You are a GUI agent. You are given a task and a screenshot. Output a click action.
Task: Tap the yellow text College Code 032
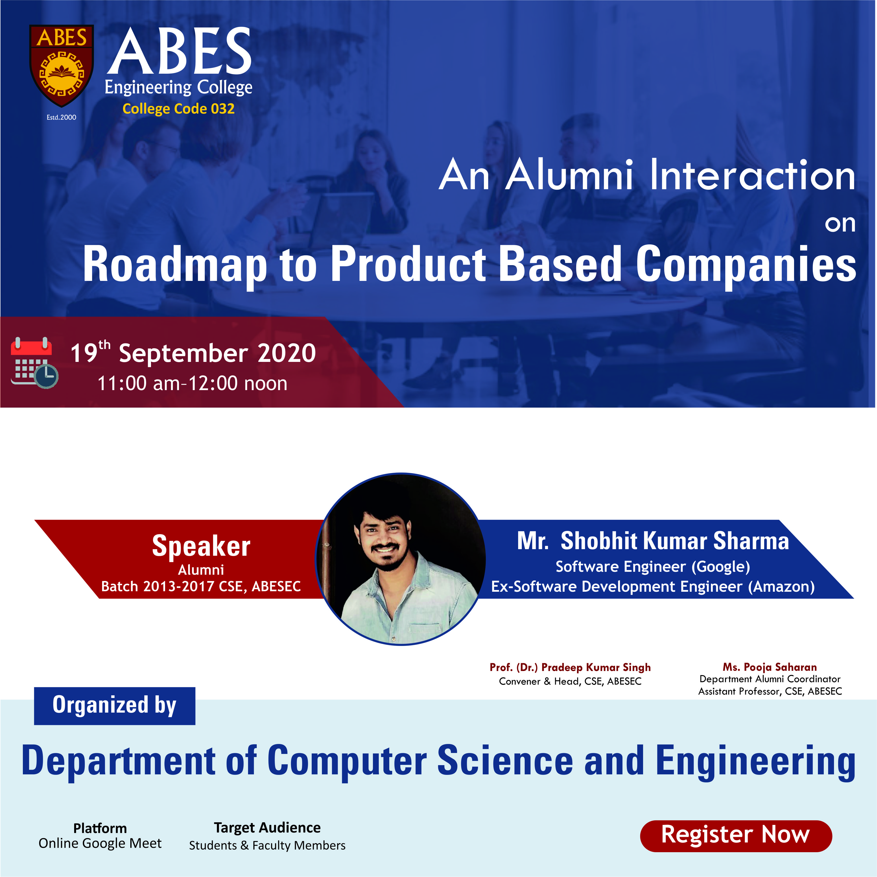click(178, 109)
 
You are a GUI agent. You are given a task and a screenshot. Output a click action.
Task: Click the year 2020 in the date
click(286, 353)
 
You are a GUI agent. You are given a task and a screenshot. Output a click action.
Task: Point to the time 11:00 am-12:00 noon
click(193, 383)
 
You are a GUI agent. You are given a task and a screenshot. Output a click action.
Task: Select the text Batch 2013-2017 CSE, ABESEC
click(201, 586)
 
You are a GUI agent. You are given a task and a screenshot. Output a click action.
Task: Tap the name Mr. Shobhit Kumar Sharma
click(653, 541)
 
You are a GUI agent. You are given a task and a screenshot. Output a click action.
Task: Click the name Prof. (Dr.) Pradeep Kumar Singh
click(570, 667)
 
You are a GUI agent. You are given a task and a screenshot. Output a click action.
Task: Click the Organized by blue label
click(114, 706)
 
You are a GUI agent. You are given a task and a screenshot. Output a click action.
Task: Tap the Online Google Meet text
click(100, 843)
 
